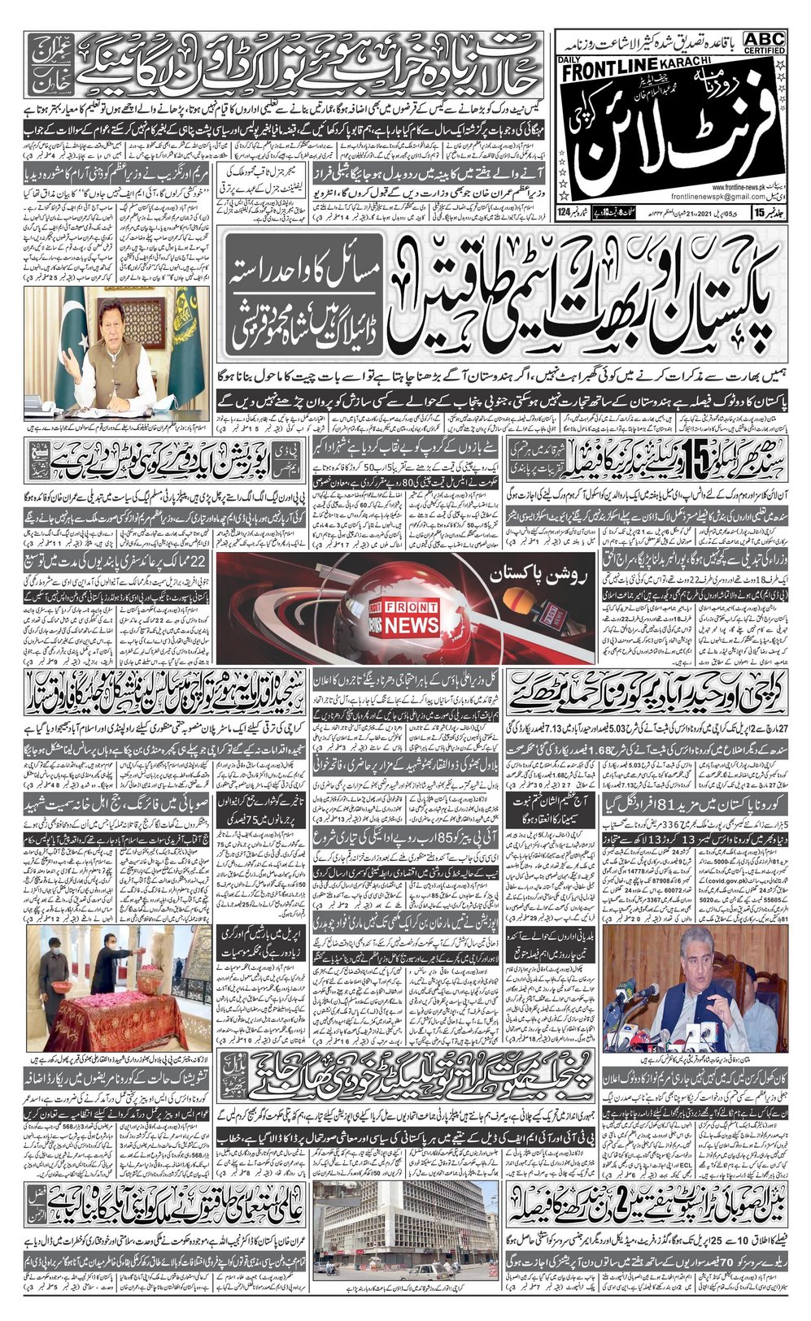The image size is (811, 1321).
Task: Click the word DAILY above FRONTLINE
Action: [570, 61]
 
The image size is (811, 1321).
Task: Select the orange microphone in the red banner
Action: [521, 605]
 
